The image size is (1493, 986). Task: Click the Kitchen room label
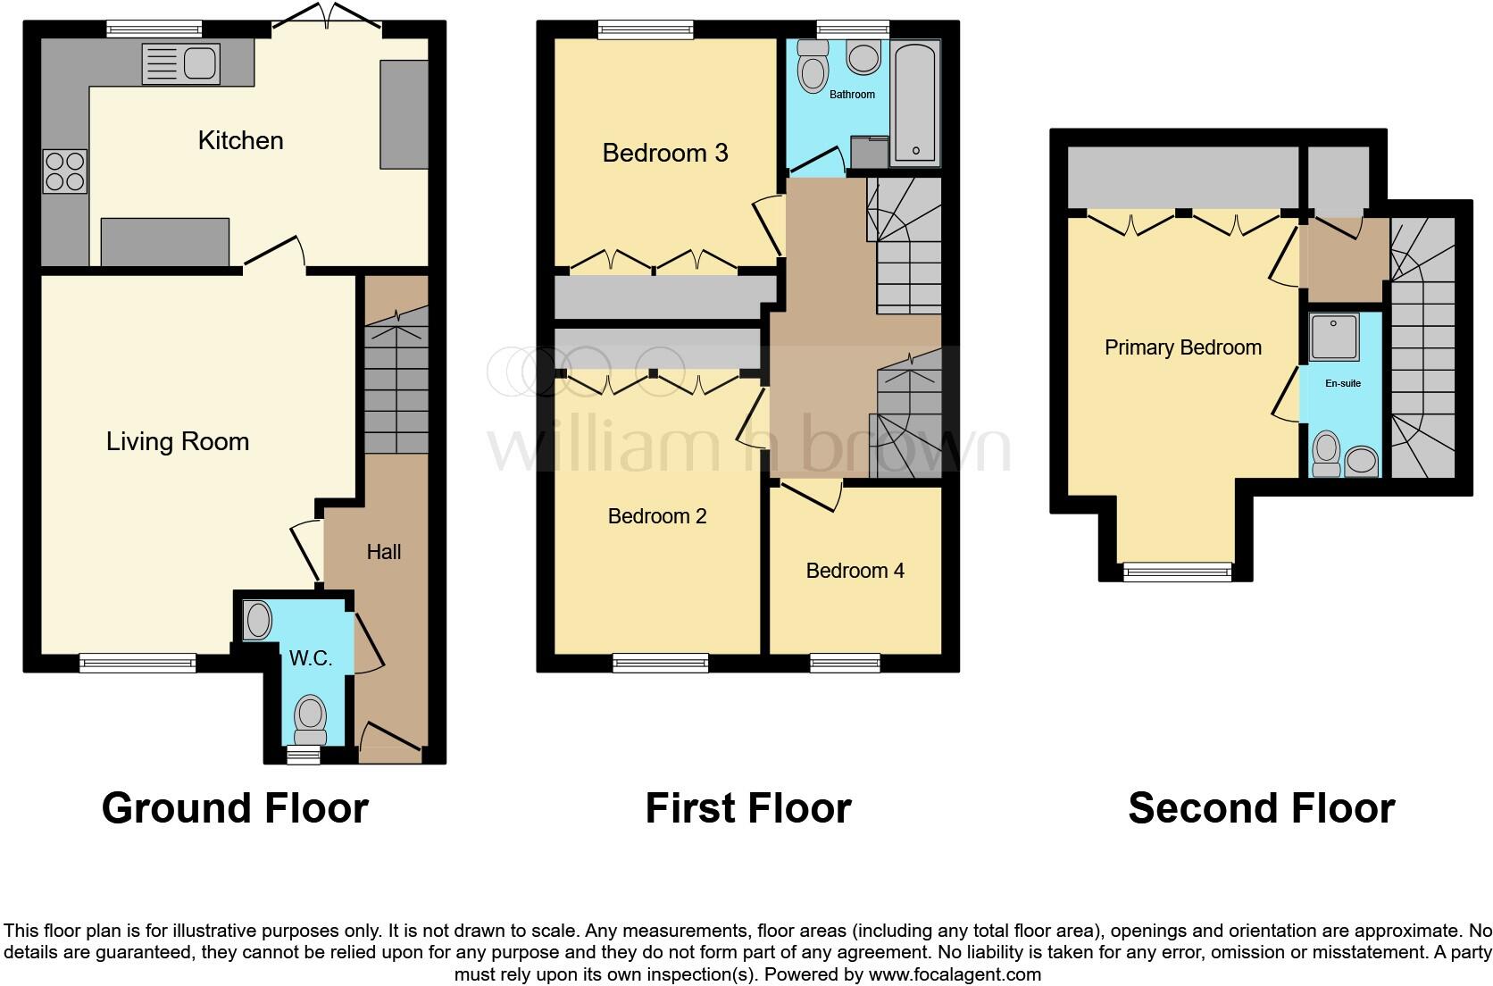[240, 140]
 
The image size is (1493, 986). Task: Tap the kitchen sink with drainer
[180, 63]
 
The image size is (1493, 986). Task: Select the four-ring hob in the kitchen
[65, 171]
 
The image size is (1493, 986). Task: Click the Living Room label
[177, 441]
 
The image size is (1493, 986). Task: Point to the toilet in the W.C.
[310, 720]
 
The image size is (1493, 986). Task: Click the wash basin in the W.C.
[258, 621]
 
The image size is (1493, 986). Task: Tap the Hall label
[383, 552]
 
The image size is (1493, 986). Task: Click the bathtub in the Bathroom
[915, 104]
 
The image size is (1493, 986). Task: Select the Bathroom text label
[852, 95]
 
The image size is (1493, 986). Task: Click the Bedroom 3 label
[665, 153]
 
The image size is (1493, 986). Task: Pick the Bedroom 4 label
[855, 571]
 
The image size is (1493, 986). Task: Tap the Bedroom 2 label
[657, 516]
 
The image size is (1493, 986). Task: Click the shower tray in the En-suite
[1334, 338]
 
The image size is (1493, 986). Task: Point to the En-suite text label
[1343, 383]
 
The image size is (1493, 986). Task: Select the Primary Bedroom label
[1182, 347]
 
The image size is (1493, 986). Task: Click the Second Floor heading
[1261, 808]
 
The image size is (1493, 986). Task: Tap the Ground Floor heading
[235, 808]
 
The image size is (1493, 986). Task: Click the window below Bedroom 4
[845, 662]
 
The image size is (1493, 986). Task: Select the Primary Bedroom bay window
[1177, 572]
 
